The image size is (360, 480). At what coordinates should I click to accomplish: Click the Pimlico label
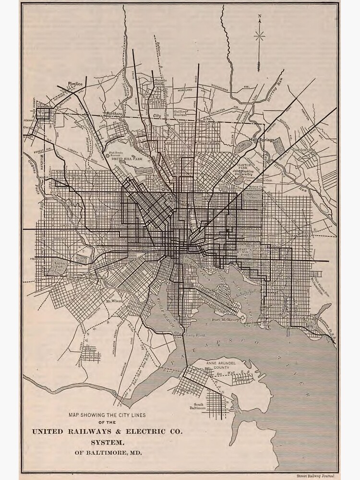75,83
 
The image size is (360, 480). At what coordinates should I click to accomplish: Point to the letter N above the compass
260,21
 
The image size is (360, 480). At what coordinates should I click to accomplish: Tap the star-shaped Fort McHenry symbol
244,318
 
